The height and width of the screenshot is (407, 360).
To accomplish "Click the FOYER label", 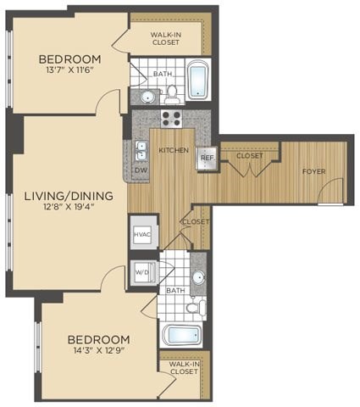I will tap(314, 171).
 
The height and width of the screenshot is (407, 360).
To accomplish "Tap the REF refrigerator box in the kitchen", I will tap(206, 158).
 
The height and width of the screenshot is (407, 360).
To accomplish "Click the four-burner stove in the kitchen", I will tap(171, 118).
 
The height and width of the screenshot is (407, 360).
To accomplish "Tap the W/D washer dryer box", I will tap(142, 274).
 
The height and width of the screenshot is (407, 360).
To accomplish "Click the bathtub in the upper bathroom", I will tap(197, 81).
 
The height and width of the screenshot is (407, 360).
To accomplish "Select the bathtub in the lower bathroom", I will tap(183, 334).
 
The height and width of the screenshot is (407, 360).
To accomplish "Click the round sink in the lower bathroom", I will tap(197, 277).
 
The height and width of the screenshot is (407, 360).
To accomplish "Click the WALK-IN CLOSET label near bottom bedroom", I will tap(184, 367).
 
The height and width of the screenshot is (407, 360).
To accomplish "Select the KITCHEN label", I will tap(174, 150).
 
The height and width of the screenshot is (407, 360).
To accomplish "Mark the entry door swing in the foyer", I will tap(330, 192).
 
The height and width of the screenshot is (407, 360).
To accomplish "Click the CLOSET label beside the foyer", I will tap(249, 155).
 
